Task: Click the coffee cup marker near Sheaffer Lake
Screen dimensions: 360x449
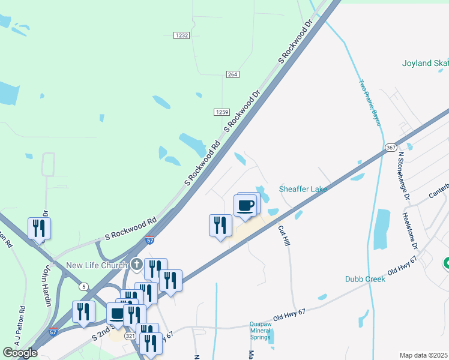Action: [x=246, y=206]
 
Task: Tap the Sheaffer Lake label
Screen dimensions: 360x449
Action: [x=303, y=190]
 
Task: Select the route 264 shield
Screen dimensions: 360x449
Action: [x=233, y=74]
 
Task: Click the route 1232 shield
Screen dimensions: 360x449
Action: [x=182, y=36]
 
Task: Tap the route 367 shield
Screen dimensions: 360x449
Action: [x=391, y=148]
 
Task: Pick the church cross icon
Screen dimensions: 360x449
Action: [x=137, y=264]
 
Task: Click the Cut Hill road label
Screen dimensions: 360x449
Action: [x=284, y=234]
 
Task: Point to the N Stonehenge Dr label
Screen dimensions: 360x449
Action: [x=404, y=175]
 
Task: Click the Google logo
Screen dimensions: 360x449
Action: [x=20, y=353]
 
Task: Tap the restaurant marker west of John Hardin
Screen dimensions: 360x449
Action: [x=39, y=228]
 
